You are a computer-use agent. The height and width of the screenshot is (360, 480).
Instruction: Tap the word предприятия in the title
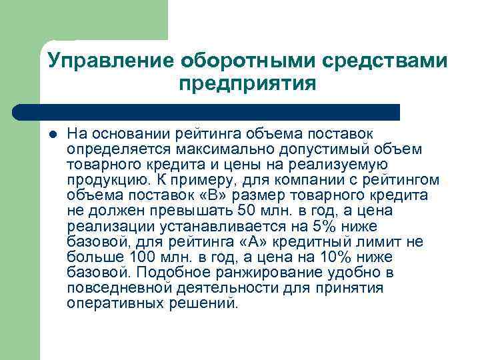[247, 85]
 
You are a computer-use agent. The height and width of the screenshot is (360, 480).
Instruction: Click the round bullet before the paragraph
[53, 133]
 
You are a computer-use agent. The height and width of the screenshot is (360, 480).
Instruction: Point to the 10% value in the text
[312, 257]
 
